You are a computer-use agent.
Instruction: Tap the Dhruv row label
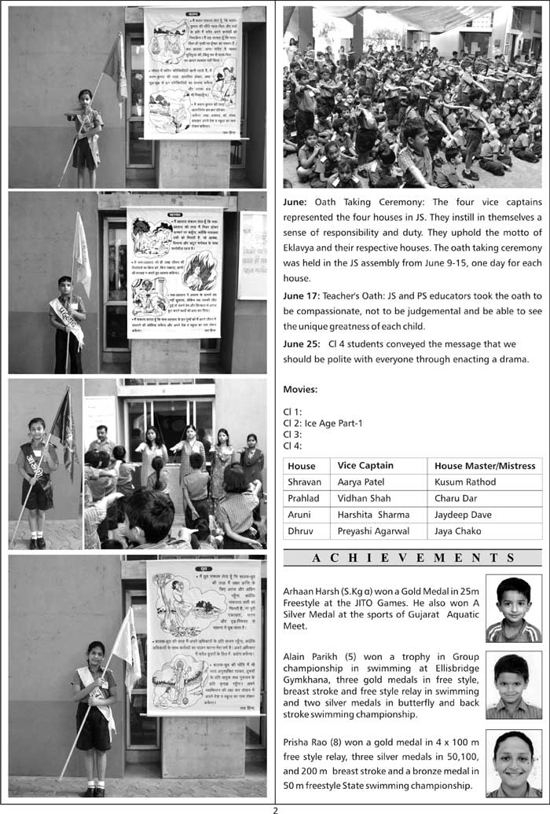click(301, 531)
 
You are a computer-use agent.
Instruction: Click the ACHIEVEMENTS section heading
click(412, 558)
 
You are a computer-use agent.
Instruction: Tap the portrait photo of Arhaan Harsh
click(513, 608)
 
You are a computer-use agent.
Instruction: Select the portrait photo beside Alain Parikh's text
click(513, 684)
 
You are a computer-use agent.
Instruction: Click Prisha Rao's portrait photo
click(513, 763)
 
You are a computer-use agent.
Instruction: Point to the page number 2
click(275, 808)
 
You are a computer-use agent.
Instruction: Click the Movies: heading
click(300, 389)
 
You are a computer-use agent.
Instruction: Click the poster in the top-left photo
click(192, 73)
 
